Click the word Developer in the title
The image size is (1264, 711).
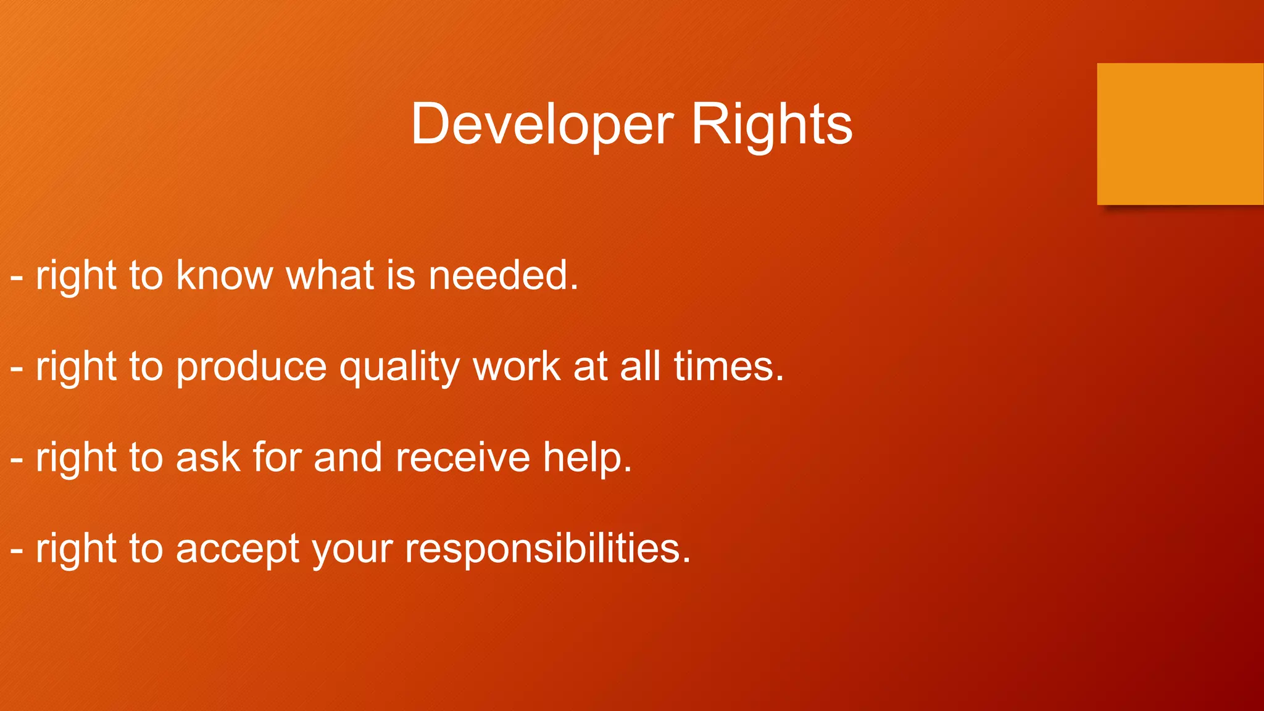click(x=542, y=124)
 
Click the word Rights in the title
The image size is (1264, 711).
click(x=771, y=124)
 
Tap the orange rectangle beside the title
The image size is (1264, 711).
click(x=1179, y=134)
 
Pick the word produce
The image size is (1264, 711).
click(x=251, y=367)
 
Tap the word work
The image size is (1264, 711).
click(x=517, y=366)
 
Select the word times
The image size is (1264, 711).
click(x=728, y=366)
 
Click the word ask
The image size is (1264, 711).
click(x=208, y=457)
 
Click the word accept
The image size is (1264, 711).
click(x=238, y=549)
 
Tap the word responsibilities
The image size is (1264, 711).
click(x=547, y=549)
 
